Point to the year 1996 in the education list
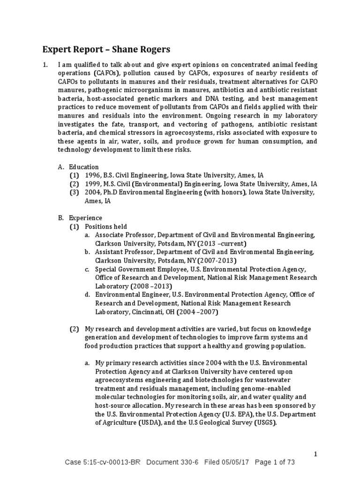tap(92, 175)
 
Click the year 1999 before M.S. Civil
tap(92, 184)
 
